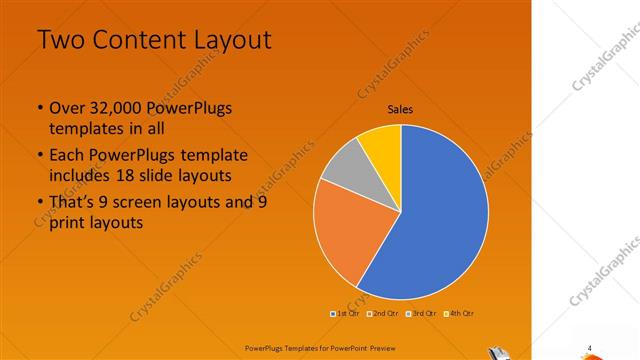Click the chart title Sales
point(400,110)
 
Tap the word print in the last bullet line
point(67,223)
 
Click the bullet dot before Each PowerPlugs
point(39,156)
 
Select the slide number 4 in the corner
point(589,348)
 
